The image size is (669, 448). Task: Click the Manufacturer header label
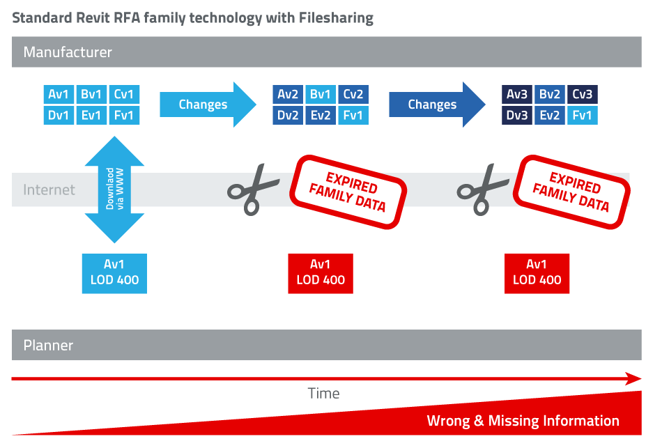pos(68,52)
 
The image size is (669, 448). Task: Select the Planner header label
pos(48,345)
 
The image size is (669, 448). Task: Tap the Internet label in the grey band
pos(49,190)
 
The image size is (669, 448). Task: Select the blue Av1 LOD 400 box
pos(114,272)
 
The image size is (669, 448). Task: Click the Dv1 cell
pos(59,115)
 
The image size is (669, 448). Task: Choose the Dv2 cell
pos(288,115)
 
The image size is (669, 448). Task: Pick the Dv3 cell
pos(517,115)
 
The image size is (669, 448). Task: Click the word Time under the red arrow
pos(323,394)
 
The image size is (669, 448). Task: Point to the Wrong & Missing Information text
pos(523,420)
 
